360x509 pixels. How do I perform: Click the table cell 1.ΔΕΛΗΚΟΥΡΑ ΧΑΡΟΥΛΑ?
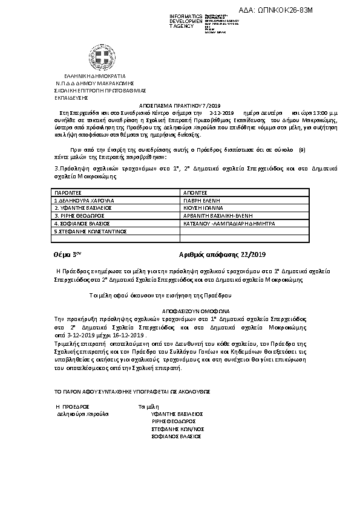(x=84, y=199)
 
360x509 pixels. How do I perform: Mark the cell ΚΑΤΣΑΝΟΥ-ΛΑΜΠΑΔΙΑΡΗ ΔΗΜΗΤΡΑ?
(x=229, y=222)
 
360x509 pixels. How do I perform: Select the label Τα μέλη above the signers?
(x=148, y=406)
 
